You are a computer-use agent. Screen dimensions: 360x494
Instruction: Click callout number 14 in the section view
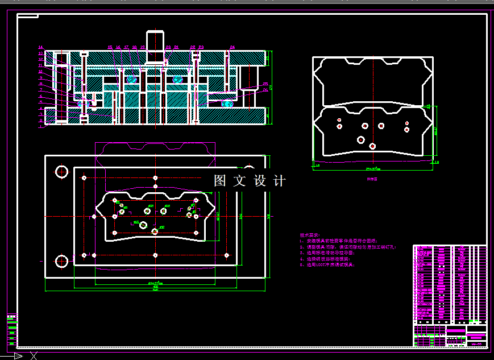click(40, 47)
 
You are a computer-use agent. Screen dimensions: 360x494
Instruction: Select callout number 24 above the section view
click(232, 47)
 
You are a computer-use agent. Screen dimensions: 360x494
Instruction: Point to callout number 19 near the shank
click(143, 47)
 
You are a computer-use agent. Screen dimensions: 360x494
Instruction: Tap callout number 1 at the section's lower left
click(40, 121)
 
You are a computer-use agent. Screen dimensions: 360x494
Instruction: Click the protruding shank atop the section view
click(155, 40)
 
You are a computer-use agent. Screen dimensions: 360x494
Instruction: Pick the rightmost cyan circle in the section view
click(227, 104)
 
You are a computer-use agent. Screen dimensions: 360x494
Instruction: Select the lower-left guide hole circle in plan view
click(61, 261)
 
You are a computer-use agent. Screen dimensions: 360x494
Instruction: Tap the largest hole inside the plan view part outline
click(143, 226)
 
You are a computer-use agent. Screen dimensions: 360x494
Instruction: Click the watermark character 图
click(220, 181)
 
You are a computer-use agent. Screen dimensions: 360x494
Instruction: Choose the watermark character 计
click(279, 181)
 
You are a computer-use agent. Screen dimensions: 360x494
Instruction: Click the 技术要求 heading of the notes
click(310, 235)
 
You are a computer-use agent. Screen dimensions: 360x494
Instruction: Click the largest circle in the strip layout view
click(361, 139)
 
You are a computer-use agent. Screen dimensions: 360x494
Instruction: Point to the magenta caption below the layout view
click(372, 178)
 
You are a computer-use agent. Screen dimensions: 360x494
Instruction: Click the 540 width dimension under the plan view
click(155, 287)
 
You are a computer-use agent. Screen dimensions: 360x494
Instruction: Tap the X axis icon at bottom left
click(33, 356)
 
